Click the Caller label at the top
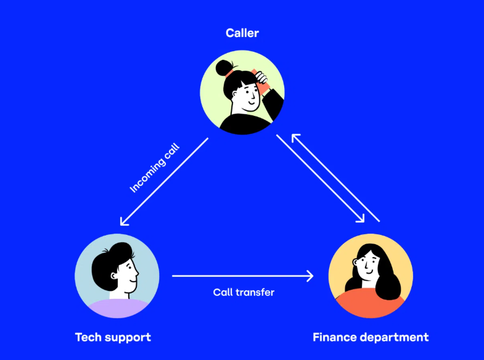(242, 33)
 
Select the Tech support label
(113, 337)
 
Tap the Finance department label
(371, 337)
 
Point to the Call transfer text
(244, 292)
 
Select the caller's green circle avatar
(242, 92)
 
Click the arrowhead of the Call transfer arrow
(310, 276)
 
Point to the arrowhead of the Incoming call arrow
(123, 223)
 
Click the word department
(395, 337)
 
